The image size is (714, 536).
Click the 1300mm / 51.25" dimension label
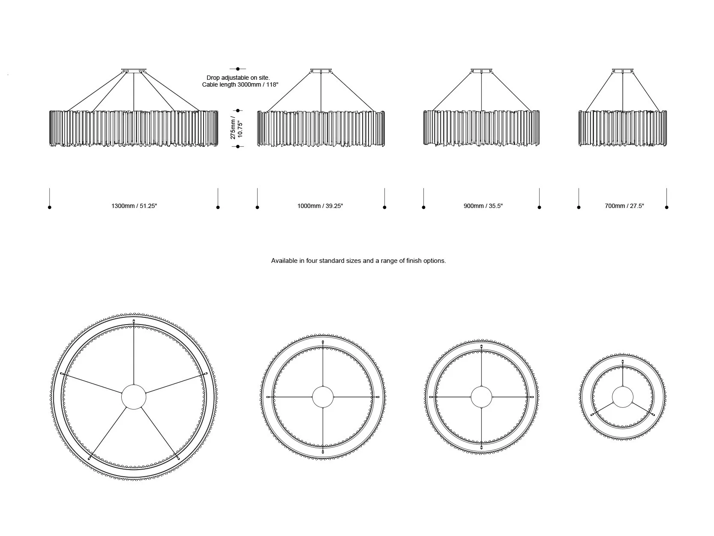(134, 206)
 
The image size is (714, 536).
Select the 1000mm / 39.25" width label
(320, 206)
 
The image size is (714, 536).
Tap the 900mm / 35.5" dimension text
(483, 206)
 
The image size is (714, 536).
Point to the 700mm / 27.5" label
(624, 206)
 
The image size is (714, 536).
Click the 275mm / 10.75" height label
(237, 127)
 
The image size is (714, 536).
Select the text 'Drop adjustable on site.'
(238, 78)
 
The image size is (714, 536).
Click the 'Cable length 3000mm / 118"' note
(240, 85)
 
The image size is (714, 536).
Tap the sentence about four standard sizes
(358, 261)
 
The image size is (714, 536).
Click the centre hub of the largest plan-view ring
(134, 397)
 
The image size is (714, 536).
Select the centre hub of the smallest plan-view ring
(622, 397)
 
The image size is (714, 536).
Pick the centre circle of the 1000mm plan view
(322, 397)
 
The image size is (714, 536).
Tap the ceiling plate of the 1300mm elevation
(134, 70)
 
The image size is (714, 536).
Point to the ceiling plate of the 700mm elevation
(622, 70)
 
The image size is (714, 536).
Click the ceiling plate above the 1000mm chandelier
(321, 70)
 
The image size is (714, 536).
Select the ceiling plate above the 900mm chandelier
(482, 70)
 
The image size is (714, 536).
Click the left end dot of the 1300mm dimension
(50, 208)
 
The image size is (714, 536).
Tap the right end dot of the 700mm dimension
(666, 208)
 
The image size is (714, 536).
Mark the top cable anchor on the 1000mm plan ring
(323, 342)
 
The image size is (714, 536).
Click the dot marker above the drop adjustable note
(238, 69)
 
